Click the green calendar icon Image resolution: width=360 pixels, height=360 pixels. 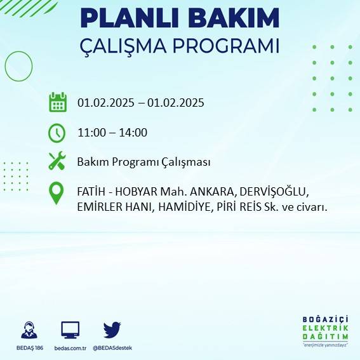pyautogui.click(x=57, y=102)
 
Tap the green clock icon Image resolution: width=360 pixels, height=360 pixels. pyautogui.click(x=57, y=133)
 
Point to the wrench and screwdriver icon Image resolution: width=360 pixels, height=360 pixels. pyautogui.click(x=57, y=161)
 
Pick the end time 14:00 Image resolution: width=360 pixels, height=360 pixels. pyautogui.click(x=134, y=133)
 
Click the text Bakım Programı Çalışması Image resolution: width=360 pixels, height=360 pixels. pyautogui.click(x=143, y=162)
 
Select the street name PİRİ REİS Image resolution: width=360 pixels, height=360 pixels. pyautogui.click(x=242, y=206)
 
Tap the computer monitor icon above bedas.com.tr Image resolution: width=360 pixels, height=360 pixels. pyautogui.click(x=70, y=330)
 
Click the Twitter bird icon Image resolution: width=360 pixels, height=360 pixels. pyautogui.click(x=112, y=330)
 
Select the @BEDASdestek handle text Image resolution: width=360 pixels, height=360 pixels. pyautogui.click(x=112, y=348)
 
